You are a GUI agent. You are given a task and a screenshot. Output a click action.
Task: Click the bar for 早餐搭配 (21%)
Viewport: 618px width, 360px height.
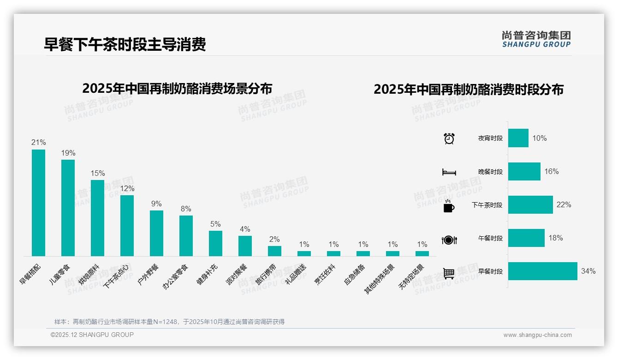pyautogui.click(x=38, y=203)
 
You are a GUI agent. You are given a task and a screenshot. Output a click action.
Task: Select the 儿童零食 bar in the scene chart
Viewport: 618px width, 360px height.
pyautogui.click(x=68, y=208)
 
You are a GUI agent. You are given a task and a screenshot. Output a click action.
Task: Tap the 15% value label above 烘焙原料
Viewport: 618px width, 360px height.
pyautogui.click(x=97, y=174)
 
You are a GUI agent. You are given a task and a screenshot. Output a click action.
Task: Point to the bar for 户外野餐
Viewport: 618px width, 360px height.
pyautogui.click(x=156, y=233)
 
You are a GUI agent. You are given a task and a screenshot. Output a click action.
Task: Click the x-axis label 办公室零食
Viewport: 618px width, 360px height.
pyautogui.click(x=176, y=276)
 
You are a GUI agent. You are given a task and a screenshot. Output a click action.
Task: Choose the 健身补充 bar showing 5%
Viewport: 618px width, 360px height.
pyautogui.click(x=215, y=243)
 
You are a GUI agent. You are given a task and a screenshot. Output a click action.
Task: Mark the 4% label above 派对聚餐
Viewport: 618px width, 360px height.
pyautogui.click(x=245, y=229)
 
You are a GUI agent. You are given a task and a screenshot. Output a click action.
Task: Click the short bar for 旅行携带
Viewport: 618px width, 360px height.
pyautogui.click(x=274, y=251)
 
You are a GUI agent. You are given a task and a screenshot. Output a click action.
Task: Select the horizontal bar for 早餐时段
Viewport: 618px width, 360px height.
pyautogui.click(x=542, y=271)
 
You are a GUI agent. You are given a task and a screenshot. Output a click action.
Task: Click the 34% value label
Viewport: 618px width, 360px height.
pyautogui.click(x=588, y=271)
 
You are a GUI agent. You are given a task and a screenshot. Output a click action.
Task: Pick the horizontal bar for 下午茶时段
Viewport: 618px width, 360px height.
pyautogui.click(x=530, y=205)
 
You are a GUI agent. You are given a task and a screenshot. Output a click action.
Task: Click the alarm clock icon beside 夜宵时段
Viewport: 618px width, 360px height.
pyautogui.click(x=449, y=138)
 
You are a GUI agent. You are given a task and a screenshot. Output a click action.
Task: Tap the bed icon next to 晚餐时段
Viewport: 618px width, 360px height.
pyautogui.click(x=449, y=172)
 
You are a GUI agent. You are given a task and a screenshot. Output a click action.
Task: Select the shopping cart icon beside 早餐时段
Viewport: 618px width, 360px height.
pyautogui.click(x=449, y=273)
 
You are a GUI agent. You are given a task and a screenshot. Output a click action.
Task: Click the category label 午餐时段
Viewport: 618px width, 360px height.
pyautogui.click(x=490, y=239)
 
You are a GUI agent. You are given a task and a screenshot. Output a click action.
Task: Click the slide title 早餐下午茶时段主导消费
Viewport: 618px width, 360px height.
pyautogui.click(x=125, y=44)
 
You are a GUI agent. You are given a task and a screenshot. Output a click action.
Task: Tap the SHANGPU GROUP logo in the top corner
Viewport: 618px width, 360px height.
pyautogui.click(x=536, y=39)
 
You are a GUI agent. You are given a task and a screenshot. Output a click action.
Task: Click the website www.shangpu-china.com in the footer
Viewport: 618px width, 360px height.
pyautogui.click(x=537, y=335)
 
